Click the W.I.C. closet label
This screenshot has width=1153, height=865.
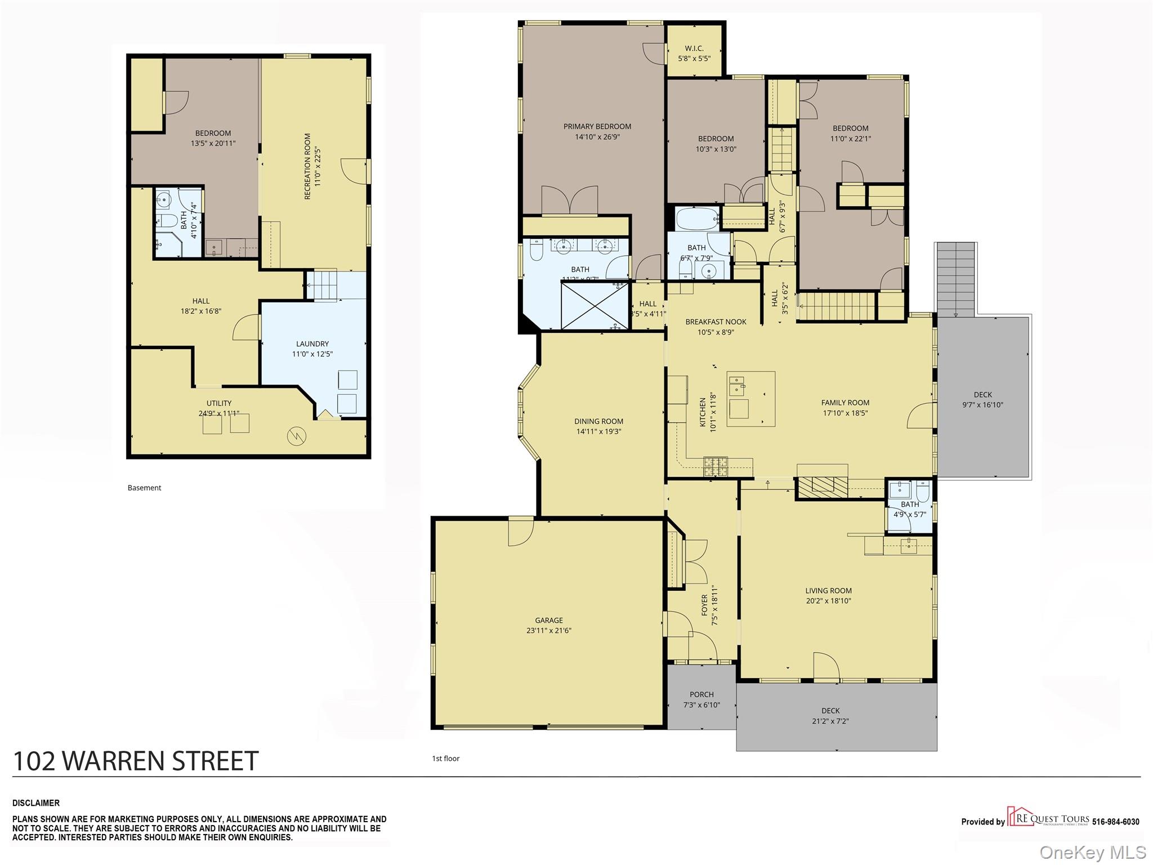(694, 48)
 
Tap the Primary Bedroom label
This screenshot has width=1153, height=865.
(597, 126)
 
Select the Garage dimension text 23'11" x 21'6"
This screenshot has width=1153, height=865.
(548, 631)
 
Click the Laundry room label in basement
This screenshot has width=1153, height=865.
(312, 344)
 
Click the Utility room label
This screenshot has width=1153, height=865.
(218, 403)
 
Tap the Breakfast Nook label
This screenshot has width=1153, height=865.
(716, 322)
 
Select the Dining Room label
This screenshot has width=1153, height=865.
(598, 421)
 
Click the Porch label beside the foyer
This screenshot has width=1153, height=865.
(701, 694)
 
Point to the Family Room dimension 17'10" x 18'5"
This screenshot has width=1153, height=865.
(845, 413)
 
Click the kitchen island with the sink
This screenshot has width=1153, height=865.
(750, 398)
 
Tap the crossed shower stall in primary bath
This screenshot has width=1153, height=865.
(595, 305)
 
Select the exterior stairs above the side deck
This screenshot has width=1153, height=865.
(955, 279)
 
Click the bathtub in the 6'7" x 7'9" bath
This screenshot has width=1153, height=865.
(697, 219)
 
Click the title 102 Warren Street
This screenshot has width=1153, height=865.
(136, 761)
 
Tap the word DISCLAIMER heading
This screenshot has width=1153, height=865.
(36, 803)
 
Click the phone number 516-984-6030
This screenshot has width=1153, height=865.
(1115, 822)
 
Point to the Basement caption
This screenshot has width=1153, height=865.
(144, 488)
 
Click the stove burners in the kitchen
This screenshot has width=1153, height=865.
(715, 466)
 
